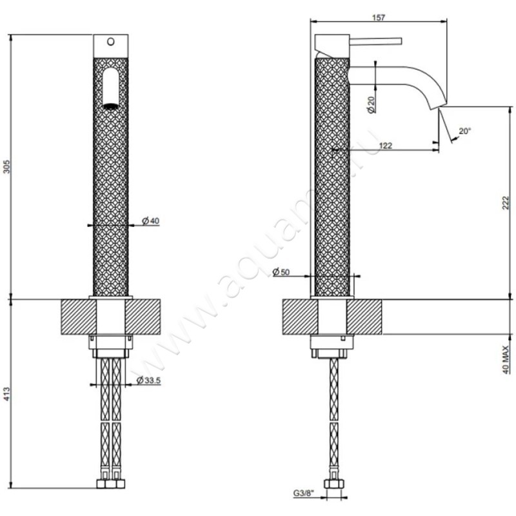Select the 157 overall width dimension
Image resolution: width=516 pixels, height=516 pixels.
[379, 17]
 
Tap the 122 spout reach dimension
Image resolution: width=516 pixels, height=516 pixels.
[386, 146]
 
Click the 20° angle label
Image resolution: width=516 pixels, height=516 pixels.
[464, 131]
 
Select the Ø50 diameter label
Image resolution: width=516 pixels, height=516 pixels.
[282, 272]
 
